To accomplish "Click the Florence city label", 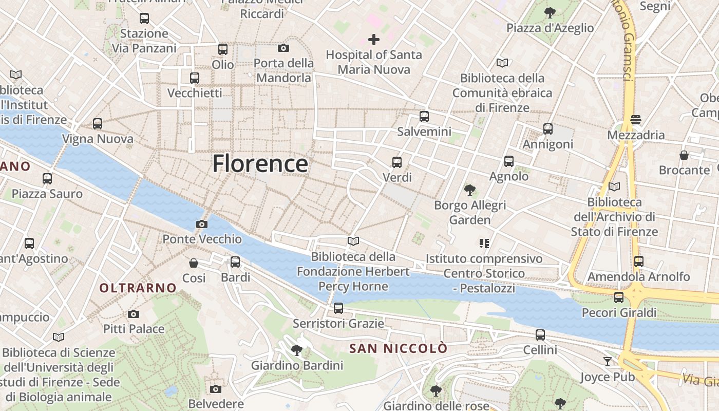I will (x=260, y=163).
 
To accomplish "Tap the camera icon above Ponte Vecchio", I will (x=202, y=224).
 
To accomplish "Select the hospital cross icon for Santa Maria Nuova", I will (x=374, y=39).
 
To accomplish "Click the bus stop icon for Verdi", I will (x=397, y=162).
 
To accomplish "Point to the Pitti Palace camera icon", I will (x=134, y=314).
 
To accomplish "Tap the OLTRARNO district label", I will (x=138, y=288).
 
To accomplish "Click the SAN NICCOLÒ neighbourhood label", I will (x=398, y=348).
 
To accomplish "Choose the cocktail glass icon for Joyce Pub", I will (x=608, y=362).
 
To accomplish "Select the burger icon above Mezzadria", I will (x=636, y=120).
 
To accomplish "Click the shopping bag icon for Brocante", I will (x=684, y=155).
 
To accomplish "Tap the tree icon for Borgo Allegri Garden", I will (x=469, y=190).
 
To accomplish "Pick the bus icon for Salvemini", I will (x=424, y=117).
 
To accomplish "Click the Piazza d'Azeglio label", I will (x=550, y=28).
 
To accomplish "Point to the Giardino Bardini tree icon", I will (x=296, y=350).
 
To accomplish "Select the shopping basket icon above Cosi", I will (x=194, y=263).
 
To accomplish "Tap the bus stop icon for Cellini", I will (x=540, y=335).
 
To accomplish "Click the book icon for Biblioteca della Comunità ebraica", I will (x=502, y=63).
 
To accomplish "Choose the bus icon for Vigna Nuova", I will (x=98, y=124).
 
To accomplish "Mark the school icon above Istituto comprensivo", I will (x=484, y=243).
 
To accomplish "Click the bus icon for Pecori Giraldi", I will (x=619, y=297).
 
